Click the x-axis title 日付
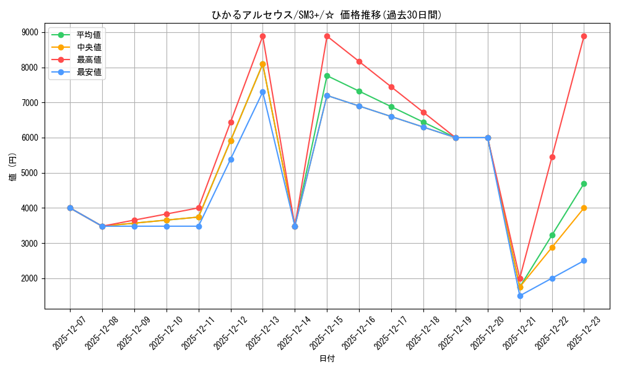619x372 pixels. [x=327, y=359]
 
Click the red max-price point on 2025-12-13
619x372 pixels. [x=262, y=36]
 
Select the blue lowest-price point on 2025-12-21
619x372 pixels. [x=520, y=296]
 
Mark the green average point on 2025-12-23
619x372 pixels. [x=584, y=184]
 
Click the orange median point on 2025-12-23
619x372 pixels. [x=584, y=208]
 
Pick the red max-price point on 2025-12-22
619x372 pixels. [x=552, y=157]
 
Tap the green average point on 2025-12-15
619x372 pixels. [x=327, y=76]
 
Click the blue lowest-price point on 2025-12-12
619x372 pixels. [x=231, y=159]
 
